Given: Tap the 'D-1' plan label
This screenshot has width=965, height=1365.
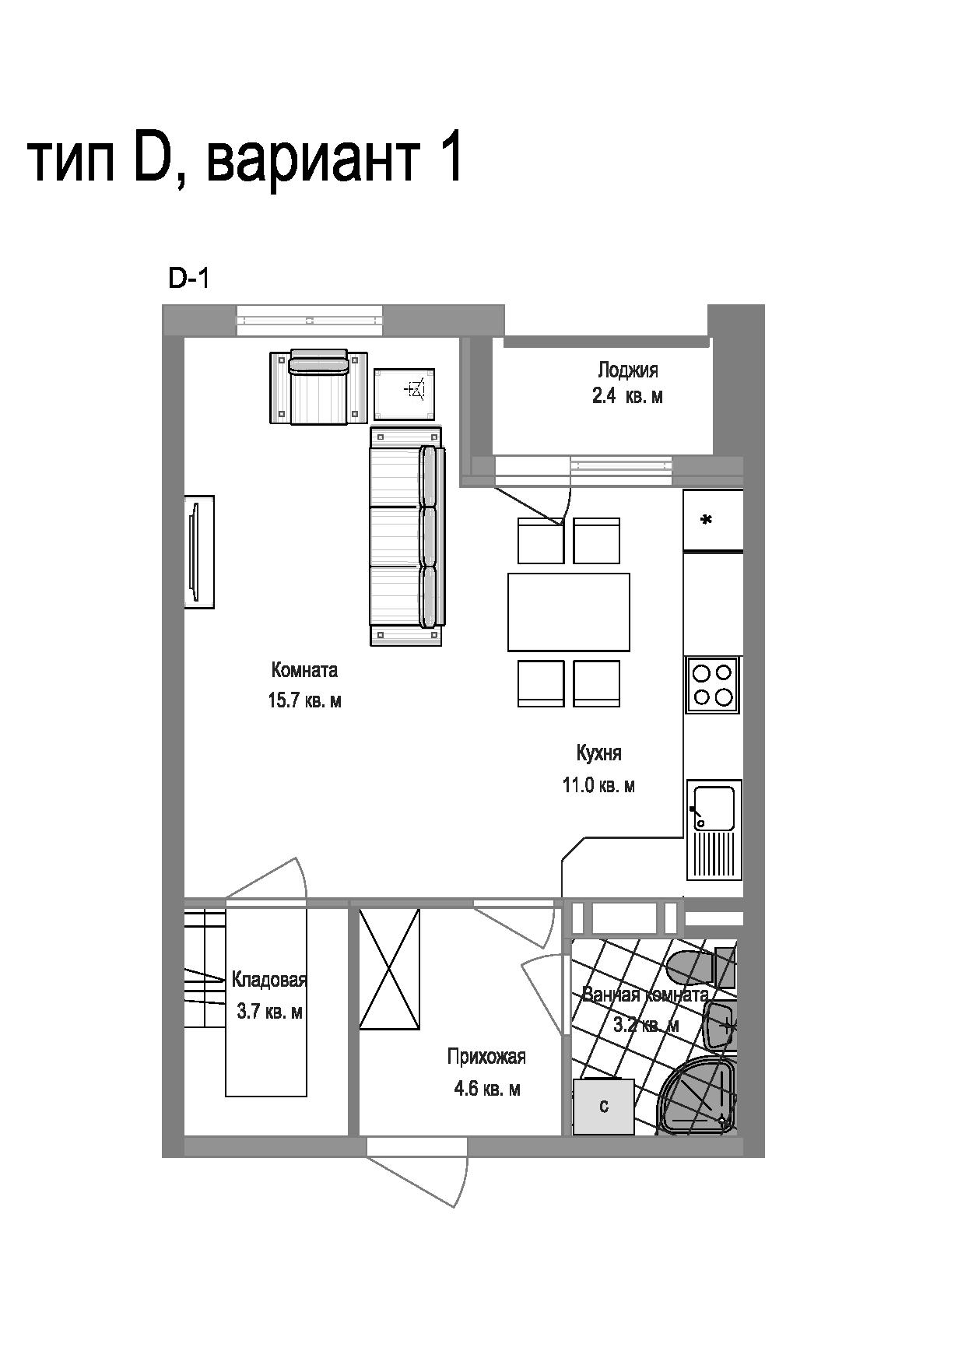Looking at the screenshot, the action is [x=188, y=279].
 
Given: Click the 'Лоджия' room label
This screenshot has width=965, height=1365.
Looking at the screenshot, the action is [x=627, y=370].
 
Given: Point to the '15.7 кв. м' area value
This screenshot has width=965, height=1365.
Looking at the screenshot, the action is [x=304, y=700].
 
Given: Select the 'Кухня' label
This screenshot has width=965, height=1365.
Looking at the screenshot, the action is [x=598, y=753].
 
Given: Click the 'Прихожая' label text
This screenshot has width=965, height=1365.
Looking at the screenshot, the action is [x=486, y=1056].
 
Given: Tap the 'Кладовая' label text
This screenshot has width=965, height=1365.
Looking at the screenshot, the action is [x=269, y=980].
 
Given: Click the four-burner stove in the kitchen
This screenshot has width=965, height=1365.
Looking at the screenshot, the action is [x=713, y=684].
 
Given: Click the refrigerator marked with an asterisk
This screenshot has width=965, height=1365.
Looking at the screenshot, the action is [x=713, y=520].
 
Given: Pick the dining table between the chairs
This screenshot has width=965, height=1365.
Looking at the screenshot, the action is [x=568, y=612].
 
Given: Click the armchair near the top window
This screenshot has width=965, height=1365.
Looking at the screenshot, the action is [x=318, y=387].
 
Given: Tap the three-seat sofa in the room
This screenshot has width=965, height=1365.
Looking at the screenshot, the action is [x=407, y=535].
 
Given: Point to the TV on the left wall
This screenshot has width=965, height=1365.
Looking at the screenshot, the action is [x=198, y=551].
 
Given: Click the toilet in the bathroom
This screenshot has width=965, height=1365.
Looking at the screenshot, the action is [x=700, y=967].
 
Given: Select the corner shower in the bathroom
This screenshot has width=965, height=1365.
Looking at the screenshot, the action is [x=698, y=1097].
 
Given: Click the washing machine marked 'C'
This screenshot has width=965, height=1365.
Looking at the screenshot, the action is [x=603, y=1107].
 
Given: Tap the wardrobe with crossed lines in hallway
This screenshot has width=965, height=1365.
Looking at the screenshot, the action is [x=389, y=969].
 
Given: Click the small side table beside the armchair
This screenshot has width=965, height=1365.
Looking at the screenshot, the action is [x=404, y=394].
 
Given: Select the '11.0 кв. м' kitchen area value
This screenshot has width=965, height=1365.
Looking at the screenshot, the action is [x=598, y=785].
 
